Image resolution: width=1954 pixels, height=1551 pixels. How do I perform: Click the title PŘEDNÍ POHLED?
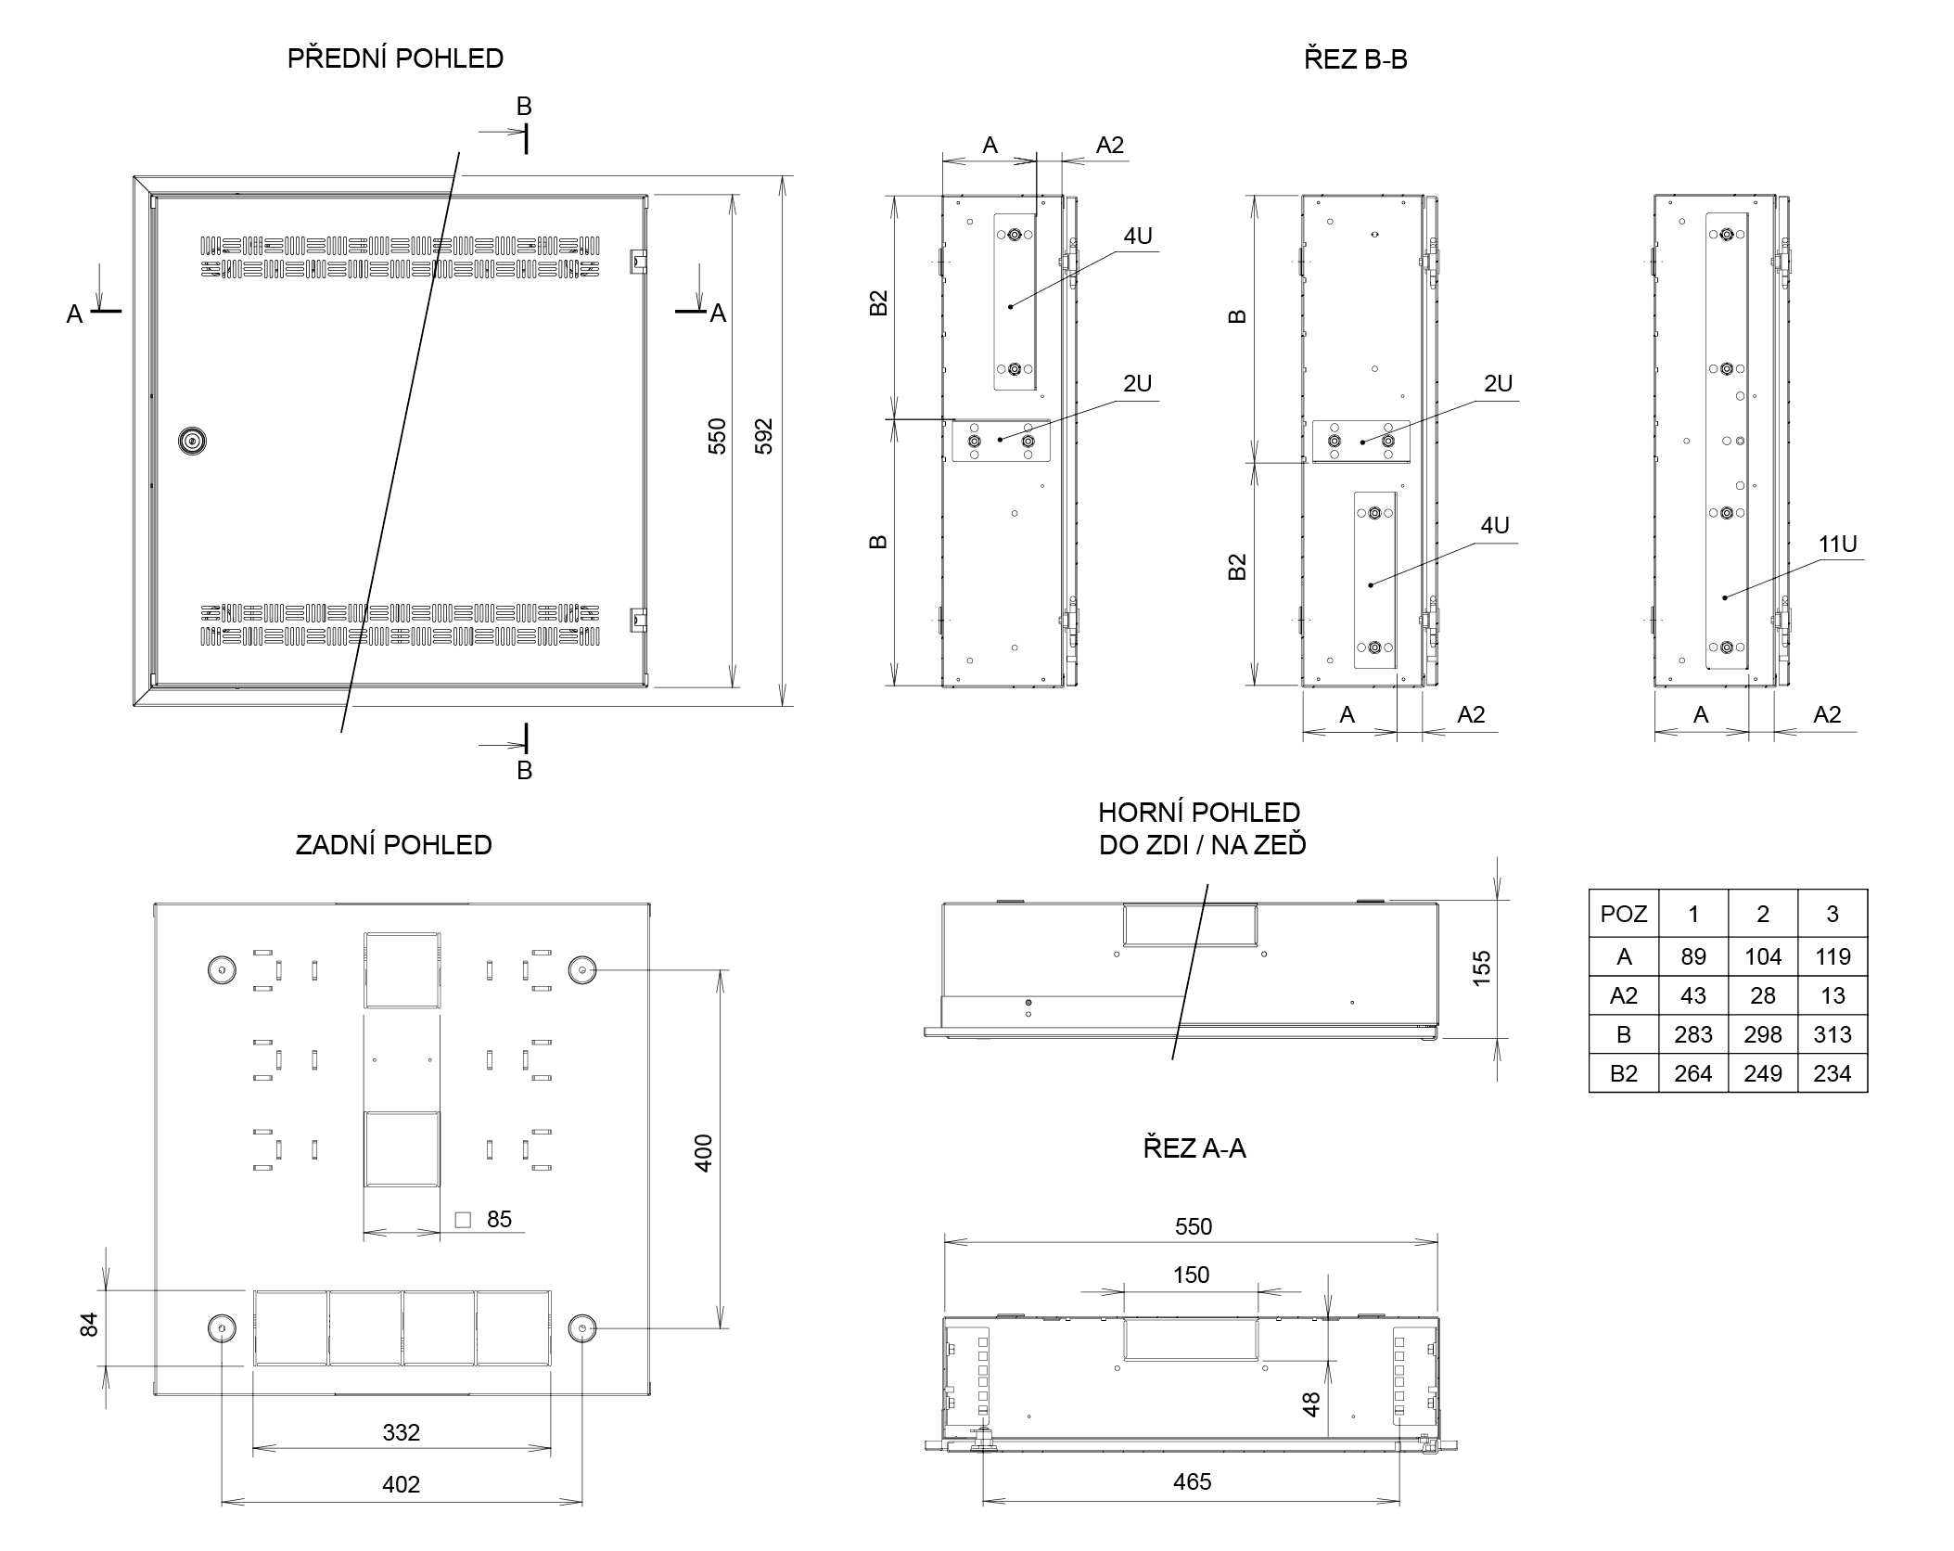395,58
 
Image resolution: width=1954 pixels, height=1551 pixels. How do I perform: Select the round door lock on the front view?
192,442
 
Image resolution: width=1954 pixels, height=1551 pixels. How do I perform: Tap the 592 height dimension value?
763,437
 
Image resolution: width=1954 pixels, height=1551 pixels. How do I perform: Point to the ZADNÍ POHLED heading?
393,845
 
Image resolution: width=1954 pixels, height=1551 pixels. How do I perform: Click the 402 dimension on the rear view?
401,1484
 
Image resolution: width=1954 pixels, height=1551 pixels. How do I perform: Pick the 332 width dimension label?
401,1432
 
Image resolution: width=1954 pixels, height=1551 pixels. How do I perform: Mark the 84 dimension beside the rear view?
89,1325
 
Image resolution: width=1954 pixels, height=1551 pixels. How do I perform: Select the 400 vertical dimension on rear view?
704,1153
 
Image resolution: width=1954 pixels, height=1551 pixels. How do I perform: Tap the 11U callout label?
1837,545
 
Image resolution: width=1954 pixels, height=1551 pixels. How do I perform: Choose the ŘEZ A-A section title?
1194,1148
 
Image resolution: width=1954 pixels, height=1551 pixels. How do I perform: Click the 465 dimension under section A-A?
1192,1481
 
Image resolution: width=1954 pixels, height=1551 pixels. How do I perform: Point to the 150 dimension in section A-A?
1191,1275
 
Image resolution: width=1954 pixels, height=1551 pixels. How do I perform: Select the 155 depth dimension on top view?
1481,968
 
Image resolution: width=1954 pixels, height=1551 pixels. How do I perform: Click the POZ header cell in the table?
1623,914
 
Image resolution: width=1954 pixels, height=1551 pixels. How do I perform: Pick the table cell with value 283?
1692,1034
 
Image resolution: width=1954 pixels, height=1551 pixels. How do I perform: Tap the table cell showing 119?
1833,956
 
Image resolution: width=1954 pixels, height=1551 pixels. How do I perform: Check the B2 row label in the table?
1623,1073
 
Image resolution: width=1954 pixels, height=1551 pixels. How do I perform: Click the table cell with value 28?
1762,995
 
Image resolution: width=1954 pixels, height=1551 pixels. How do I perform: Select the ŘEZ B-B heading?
1355,59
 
